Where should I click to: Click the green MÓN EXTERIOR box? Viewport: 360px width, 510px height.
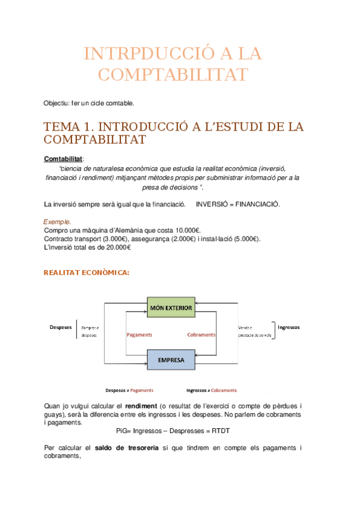[171, 309]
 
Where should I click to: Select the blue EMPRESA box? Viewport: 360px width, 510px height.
[171, 361]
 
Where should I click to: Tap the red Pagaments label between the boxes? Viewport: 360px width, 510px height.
[139, 334]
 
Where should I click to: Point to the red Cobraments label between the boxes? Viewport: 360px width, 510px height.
[201, 334]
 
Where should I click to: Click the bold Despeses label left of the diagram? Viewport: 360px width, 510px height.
[61, 327]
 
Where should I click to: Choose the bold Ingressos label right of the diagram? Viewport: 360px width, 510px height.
[288, 327]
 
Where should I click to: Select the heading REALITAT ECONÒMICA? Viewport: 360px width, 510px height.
[87, 272]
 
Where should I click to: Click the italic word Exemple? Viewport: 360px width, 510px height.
[58, 222]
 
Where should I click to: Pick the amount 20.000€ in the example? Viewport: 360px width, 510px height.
[114, 247]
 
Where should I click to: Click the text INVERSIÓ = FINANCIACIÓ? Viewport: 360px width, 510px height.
[238, 204]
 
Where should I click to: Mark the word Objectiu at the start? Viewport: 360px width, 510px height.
[56, 103]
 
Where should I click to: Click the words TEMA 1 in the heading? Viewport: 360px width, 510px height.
[68, 127]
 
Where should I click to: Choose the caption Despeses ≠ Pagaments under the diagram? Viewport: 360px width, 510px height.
[129, 390]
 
